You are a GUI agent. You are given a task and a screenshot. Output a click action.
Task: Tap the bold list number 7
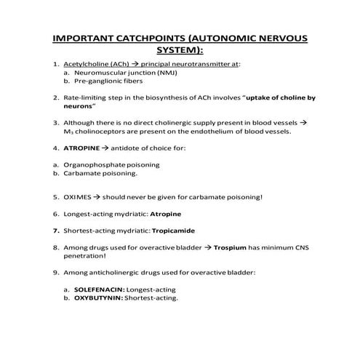(55, 231)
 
